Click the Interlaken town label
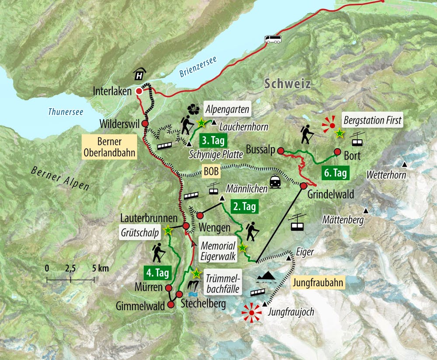pyautogui.click(x=112, y=92)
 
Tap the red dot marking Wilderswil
pyautogui.click(x=145, y=124)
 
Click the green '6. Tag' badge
pyautogui.click(x=336, y=173)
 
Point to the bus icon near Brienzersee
pyautogui.click(x=273, y=39)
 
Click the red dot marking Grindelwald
pyautogui.click(x=304, y=186)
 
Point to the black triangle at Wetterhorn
pyautogui.click(x=405, y=165)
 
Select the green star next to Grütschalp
pyautogui.click(x=167, y=229)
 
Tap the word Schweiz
pyautogui.click(x=287, y=84)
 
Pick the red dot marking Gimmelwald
pyautogui.click(x=170, y=305)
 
